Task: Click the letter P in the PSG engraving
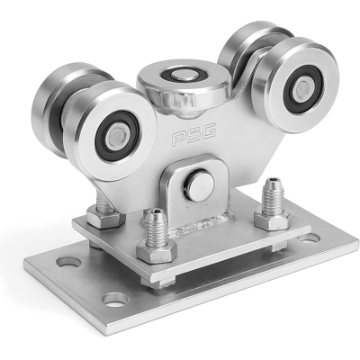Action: (x=179, y=139)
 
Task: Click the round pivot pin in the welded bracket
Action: (x=199, y=184)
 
